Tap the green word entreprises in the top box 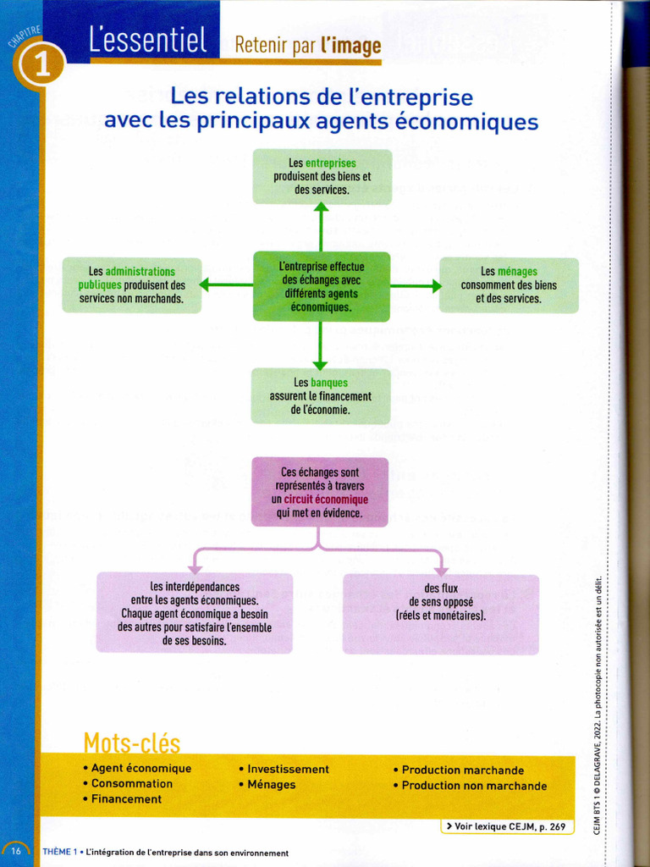tap(331, 163)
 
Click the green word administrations tap(140, 272)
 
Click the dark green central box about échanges tap(322, 286)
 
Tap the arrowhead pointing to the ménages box tap(437, 286)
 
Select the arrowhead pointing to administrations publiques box tap(204, 285)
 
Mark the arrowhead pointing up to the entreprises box tap(321, 208)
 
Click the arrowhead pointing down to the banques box tap(320, 364)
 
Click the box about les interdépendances tap(194, 612)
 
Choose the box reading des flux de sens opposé tap(440, 614)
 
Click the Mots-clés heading tap(131, 743)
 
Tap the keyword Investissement tap(288, 770)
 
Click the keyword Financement tap(126, 799)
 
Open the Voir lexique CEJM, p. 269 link tap(507, 826)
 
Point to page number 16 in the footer tap(16, 852)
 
